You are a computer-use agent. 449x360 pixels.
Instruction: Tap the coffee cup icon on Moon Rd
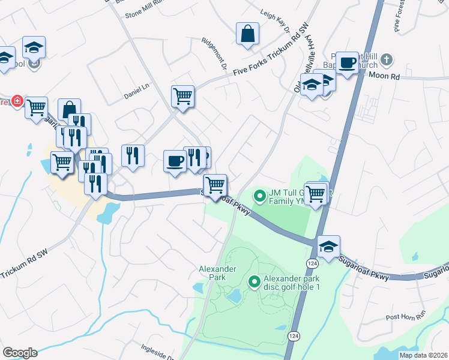tap(347, 62)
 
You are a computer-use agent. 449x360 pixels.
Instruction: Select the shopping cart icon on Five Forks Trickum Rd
tap(182, 95)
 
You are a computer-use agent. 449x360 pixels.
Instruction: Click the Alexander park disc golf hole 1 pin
tap(255, 281)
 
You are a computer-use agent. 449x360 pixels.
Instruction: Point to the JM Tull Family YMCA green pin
tap(260, 196)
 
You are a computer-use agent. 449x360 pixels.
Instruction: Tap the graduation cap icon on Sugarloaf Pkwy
tap(328, 247)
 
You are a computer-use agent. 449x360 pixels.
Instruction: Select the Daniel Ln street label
tap(136, 91)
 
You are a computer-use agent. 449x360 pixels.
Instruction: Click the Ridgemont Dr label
tap(214, 55)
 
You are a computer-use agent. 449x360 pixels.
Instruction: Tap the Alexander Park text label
tap(217, 274)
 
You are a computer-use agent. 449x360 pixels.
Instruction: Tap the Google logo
tap(19, 353)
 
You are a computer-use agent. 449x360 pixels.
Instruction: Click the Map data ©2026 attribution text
tap(423, 355)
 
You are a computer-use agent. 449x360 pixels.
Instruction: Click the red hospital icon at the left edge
tap(17, 101)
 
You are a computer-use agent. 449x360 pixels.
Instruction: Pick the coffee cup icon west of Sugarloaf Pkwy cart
tap(175, 161)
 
